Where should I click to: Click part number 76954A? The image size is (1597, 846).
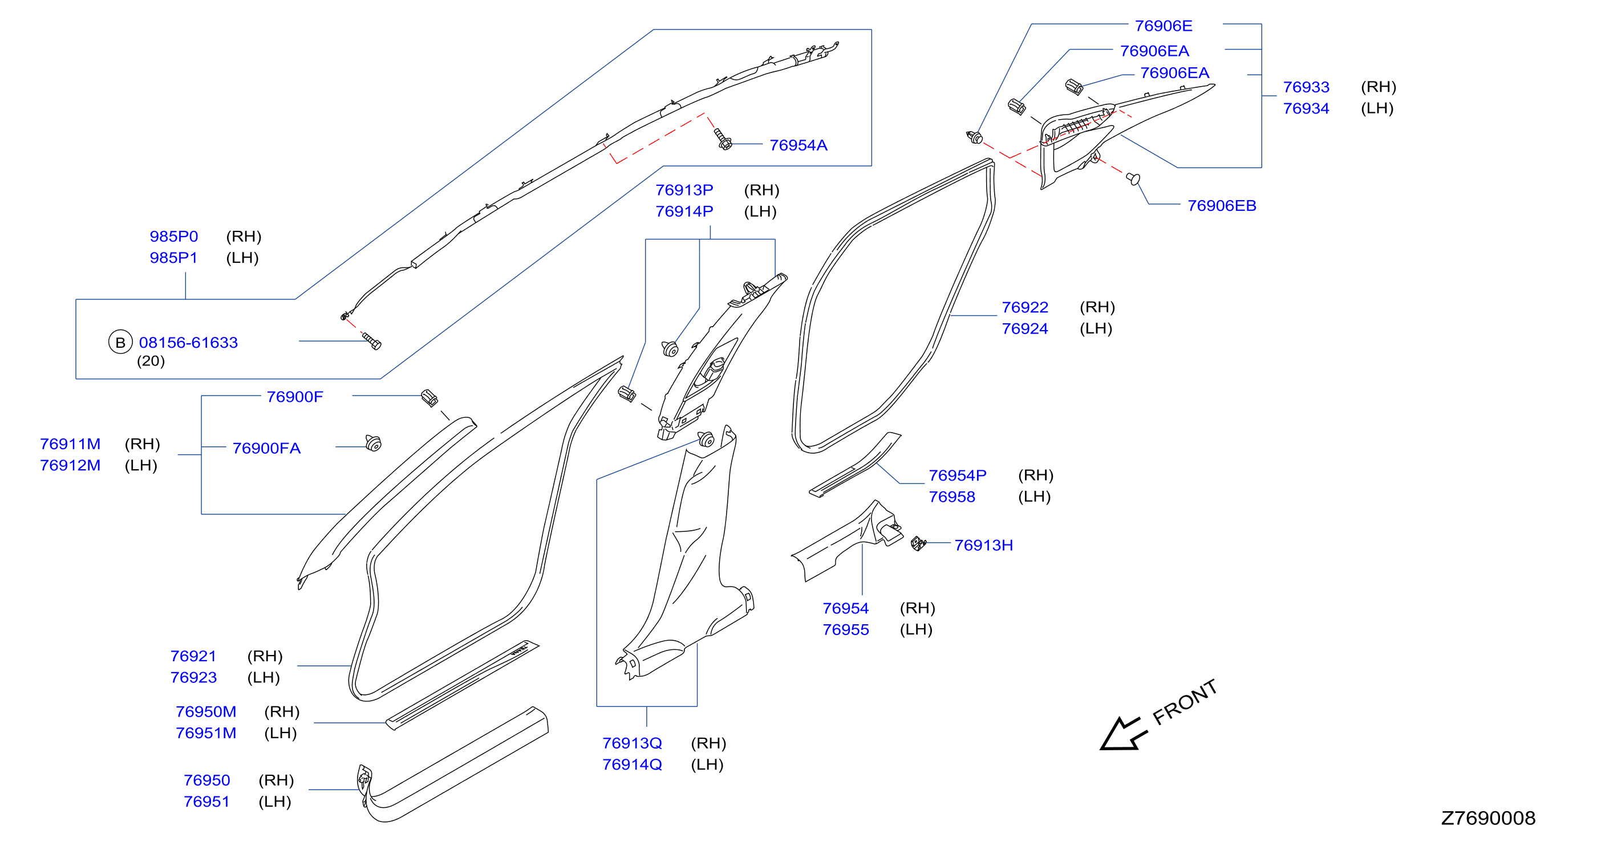coord(798,145)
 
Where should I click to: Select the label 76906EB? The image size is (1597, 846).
coord(1221,206)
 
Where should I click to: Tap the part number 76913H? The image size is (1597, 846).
coord(983,546)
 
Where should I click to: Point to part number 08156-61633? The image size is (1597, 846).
coord(188,343)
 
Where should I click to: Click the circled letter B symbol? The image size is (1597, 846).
coord(120,342)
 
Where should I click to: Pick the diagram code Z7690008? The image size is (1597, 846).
coord(1488,818)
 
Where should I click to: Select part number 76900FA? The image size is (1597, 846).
coord(266,448)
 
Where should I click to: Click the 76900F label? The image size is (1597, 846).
coord(294,397)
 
